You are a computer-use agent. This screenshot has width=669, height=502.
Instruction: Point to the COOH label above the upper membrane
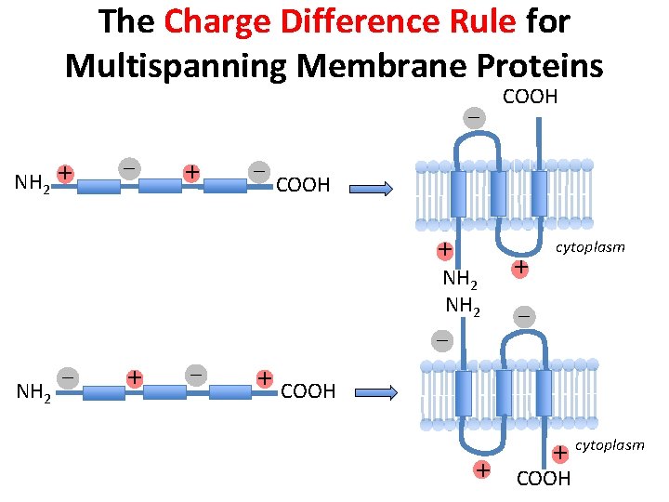click(x=530, y=97)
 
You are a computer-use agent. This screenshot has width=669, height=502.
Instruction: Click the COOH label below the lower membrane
click(x=544, y=479)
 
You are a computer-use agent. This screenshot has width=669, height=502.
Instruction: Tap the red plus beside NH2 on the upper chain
click(x=64, y=173)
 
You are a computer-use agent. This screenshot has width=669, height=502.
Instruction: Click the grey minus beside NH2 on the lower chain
click(x=68, y=378)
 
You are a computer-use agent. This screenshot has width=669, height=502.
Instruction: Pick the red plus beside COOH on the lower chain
click(x=265, y=378)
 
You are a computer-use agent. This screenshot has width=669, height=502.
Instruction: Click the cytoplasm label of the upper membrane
click(x=590, y=247)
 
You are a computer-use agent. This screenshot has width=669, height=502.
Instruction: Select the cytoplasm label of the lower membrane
click(x=610, y=445)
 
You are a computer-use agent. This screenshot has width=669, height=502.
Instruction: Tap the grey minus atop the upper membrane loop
click(x=474, y=118)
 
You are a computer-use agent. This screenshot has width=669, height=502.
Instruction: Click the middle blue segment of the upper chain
click(x=161, y=186)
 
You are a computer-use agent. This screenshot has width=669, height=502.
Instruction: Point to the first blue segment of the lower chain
click(x=103, y=392)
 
